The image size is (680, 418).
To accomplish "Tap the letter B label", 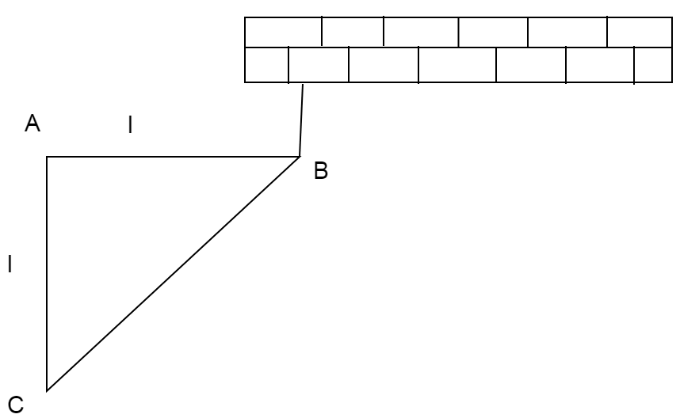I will pos(320,170).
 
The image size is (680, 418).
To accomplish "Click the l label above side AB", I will pos(131,123).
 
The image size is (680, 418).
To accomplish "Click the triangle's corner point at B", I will pos(299,157).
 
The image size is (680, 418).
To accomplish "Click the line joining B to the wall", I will pos(301,120).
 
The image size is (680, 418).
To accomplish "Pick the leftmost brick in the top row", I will pos(283,31).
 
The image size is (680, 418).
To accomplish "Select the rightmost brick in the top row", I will pos(639,31).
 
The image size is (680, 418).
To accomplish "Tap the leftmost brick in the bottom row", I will pos(266,65).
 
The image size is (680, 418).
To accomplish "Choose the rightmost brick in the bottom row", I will pos(653,65).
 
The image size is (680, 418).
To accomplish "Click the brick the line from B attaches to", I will pos(318,65).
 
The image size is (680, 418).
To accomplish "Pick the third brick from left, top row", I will pos(420,31).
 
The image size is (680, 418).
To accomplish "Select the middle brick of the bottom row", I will pos(457,65).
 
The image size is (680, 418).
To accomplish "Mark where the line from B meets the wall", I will pos(304,82).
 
